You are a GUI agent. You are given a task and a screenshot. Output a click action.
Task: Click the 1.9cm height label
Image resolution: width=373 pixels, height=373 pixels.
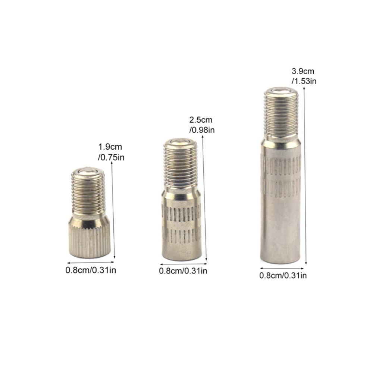pyautogui.click(x=110, y=147)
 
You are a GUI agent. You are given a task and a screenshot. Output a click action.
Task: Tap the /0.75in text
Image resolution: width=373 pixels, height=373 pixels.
pyautogui.click(x=111, y=157)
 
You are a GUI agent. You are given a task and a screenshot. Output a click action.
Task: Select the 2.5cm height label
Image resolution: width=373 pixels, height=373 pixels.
pyautogui.click(x=201, y=120)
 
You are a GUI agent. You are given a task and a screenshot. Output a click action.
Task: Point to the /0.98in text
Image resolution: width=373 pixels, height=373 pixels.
pyautogui.click(x=202, y=130)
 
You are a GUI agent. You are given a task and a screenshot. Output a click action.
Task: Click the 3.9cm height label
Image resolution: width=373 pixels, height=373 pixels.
pyautogui.click(x=303, y=71)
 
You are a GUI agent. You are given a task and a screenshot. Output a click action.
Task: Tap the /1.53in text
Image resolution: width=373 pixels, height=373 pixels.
pyautogui.click(x=304, y=81)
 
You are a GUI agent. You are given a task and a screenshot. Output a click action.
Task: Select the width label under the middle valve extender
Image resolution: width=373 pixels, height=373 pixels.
pyautogui.click(x=183, y=271)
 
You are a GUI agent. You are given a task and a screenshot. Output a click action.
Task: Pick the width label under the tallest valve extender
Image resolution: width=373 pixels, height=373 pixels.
pyautogui.click(x=283, y=276)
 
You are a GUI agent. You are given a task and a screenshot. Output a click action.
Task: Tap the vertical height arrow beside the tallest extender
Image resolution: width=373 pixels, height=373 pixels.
pyautogui.click(x=305, y=175)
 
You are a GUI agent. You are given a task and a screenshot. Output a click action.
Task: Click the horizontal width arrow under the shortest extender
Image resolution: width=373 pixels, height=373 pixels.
pyautogui.click(x=91, y=262)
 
